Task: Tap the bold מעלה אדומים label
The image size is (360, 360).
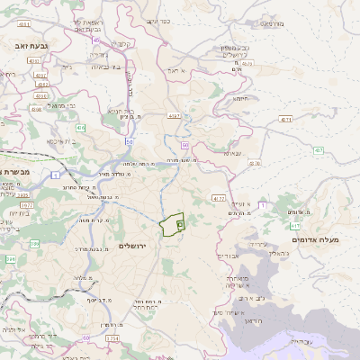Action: point(316,240)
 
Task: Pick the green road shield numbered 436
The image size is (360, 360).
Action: point(80,129)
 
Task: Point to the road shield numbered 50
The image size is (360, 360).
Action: point(130,141)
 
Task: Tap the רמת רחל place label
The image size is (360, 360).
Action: point(146,308)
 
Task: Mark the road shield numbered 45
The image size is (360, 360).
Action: point(96,39)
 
